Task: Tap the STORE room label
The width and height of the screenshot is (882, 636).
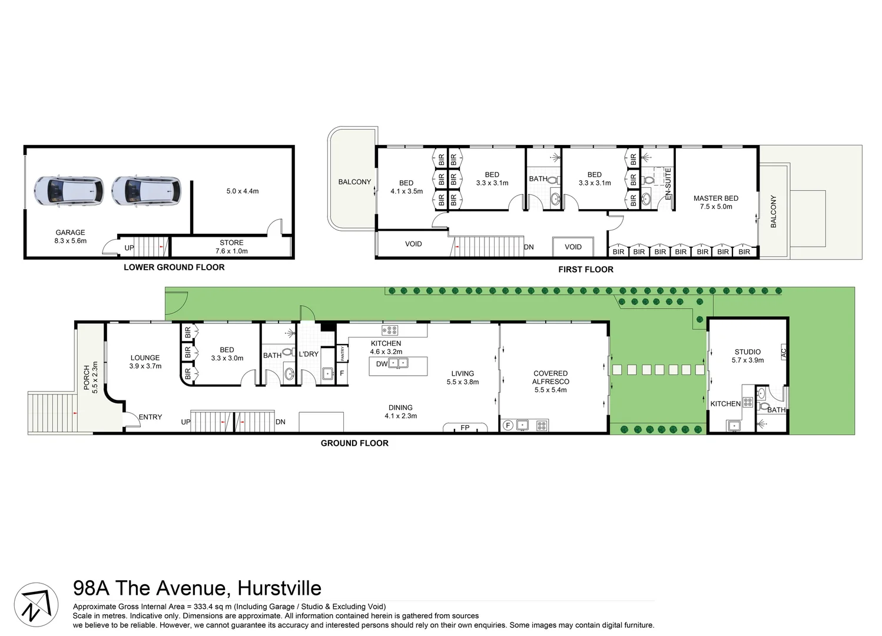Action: [231, 243]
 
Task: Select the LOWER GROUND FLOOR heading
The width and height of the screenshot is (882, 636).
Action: [174, 267]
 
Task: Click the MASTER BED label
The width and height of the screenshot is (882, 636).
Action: [715, 198]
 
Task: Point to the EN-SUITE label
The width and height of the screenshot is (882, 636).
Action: [668, 183]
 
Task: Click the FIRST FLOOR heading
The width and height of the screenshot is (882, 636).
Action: [585, 270]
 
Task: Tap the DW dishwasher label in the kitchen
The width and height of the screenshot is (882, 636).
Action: [382, 364]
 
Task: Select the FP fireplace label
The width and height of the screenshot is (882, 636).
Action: [465, 428]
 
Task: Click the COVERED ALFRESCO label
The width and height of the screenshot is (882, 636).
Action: [551, 377]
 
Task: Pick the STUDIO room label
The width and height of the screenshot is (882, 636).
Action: [747, 352]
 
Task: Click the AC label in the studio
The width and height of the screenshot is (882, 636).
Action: [783, 353]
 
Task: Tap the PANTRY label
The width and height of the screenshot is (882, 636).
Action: [343, 353]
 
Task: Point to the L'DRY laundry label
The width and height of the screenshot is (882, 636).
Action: [309, 354]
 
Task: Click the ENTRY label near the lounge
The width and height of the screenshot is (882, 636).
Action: [150, 417]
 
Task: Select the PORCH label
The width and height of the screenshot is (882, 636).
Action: [87, 377]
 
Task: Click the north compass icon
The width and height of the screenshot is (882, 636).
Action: [36, 604]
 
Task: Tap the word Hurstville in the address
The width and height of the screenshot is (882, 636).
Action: [279, 588]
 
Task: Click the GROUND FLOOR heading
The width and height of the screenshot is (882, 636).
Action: [354, 443]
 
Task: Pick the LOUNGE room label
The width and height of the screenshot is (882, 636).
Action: [145, 357]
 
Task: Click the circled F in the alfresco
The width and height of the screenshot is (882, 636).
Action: [508, 425]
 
